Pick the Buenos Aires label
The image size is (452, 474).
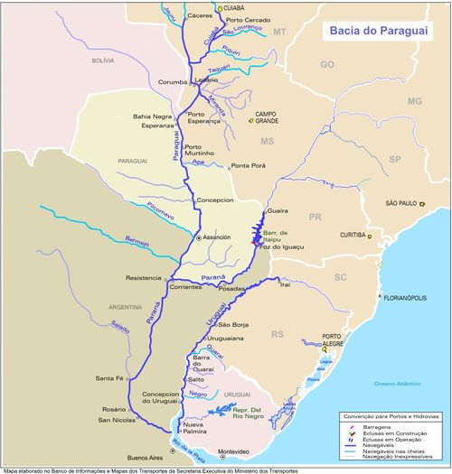point(143,458)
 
